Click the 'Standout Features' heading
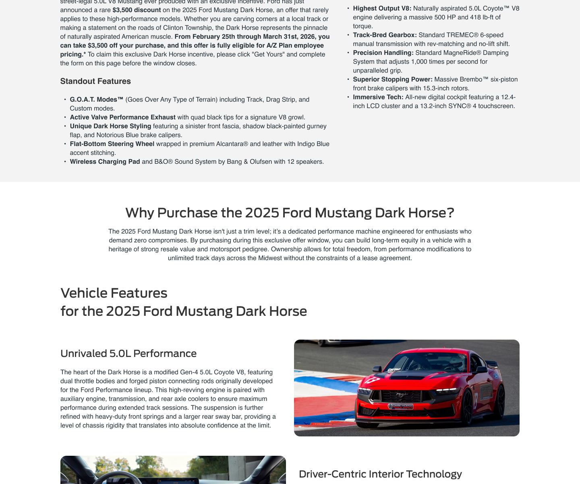[95, 81]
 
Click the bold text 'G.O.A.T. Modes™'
[97, 100]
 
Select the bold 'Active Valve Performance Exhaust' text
[123, 117]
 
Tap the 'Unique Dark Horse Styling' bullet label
[110, 126]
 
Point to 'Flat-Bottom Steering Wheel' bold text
[112, 144]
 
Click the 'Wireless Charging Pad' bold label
[105, 162]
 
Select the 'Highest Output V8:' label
[382, 8]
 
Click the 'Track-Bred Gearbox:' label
[385, 35]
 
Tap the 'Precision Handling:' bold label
[383, 53]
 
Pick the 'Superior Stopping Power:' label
[393, 79]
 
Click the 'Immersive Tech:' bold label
[378, 97]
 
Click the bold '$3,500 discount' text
[137, 10]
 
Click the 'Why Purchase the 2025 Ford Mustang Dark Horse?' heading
[290, 213]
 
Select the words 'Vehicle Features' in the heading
[114, 293]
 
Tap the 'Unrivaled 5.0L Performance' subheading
[128, 353]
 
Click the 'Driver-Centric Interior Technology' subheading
[380, 474]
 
